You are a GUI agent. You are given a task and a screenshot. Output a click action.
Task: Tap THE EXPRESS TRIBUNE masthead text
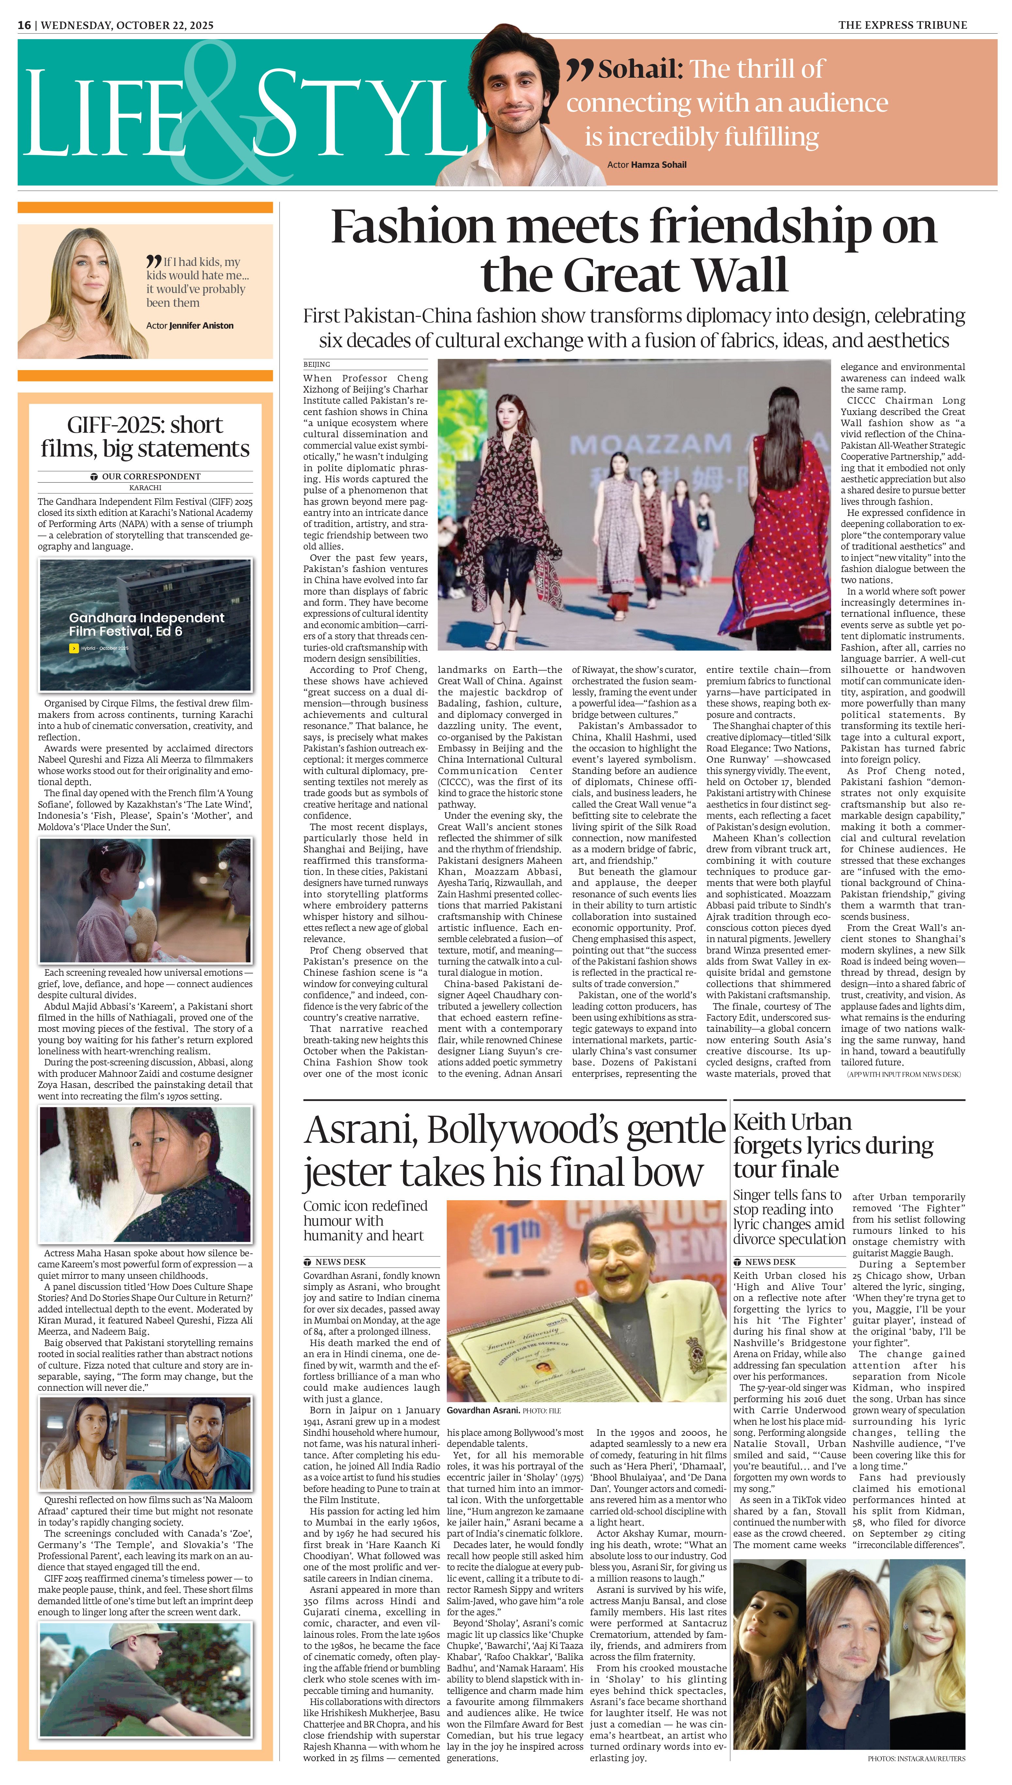point(902,25)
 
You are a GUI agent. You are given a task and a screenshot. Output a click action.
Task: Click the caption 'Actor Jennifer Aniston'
point(190,325)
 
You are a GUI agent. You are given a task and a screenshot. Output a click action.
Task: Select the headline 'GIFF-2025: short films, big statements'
point(145,436)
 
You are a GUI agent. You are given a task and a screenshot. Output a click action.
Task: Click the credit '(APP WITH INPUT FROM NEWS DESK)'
point(904,1074)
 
